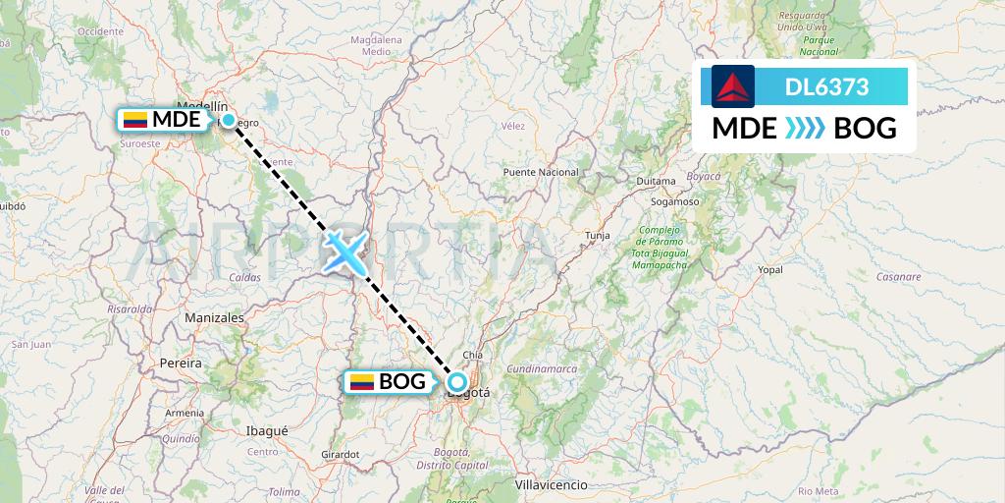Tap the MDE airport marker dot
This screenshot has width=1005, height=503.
point(229,120)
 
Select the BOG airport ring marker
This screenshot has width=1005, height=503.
point(456,382)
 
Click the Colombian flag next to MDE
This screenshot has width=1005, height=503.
point(134,120)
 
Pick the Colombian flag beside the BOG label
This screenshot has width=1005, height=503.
point(362,382)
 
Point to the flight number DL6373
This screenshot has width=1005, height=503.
point(826,86)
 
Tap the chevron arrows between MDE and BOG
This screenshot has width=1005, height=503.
point(805,128)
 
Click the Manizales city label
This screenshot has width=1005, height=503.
point(214,318)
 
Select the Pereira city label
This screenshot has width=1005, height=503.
point(180,363)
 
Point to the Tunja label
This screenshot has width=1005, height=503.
point(598,236)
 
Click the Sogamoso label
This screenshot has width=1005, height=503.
point(673,200)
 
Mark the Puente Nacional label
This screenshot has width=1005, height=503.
point(540,172)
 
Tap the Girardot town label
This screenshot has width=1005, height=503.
point(340,454)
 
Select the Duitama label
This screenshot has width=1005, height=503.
point(656,182)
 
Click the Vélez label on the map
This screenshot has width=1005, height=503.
point(512,126)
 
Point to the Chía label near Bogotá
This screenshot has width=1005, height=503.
point(473,355)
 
